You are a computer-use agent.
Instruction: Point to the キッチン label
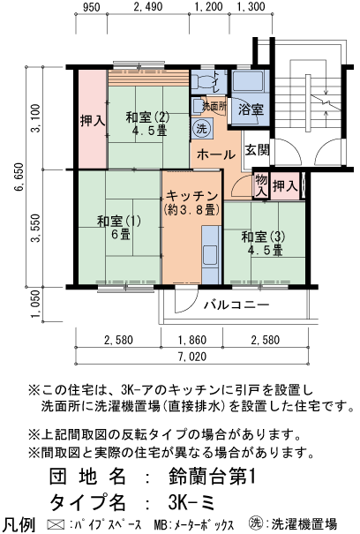191,203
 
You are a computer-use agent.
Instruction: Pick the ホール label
216,154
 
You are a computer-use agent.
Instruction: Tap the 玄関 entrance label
258,149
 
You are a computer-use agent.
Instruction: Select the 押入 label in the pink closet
92,121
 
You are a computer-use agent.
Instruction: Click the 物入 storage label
260,184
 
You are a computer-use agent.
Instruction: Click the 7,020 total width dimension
189,357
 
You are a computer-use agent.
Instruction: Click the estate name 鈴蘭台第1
212,478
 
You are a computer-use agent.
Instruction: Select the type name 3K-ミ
195,502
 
